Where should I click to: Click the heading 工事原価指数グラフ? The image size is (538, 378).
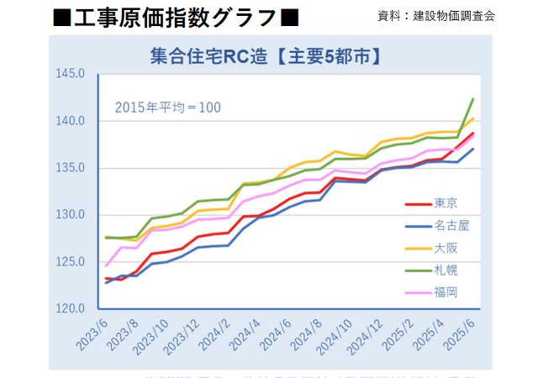pos(175,17)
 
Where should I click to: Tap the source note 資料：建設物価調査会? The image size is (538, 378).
pos(437,15)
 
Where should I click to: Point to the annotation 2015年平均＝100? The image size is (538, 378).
pos(167,108)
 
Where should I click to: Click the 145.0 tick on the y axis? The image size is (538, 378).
pos(71,74)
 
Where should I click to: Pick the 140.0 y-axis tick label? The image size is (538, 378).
pos(71,121)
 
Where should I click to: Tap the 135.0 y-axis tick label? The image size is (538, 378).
pos(71,168)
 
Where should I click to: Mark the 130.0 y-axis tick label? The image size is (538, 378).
pos(71,215)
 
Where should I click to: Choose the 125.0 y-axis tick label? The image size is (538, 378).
pos(71,262)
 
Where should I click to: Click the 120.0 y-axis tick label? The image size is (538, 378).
pos(71,308)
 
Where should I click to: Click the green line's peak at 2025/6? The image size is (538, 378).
pos(473,99)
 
